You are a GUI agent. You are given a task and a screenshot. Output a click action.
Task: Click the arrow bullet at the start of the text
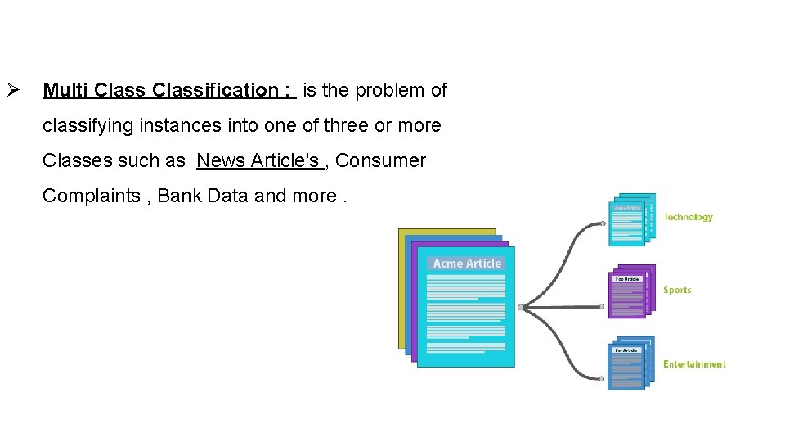click(11, 90)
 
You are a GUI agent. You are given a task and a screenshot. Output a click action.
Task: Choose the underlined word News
click(221, 160)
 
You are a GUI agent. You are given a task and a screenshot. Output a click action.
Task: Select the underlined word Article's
click(285, 160)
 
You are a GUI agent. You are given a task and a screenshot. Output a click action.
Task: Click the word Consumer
click(380, 160)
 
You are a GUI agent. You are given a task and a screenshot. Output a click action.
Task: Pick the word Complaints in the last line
click(90, 196)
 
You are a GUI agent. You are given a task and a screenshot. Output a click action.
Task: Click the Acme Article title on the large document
click(467, 264)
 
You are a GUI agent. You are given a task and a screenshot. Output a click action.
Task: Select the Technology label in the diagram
click(688, 217)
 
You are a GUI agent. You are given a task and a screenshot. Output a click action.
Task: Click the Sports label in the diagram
click(677, 290)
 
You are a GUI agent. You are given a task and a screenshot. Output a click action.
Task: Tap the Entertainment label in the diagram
click(694, 364)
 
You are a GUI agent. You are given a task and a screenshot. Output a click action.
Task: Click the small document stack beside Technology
click(631, 219)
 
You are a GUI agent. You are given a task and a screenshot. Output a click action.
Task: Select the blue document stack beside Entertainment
click(631, 364)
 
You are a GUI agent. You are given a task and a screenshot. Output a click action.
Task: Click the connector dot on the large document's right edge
click(520, 307)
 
